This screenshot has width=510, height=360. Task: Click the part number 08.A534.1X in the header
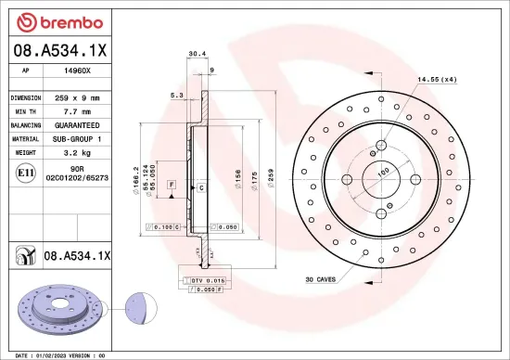(60, 51)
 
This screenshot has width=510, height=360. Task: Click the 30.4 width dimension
(197, 55)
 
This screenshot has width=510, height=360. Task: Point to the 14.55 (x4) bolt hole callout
(437, 79)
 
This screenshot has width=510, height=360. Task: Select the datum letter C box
(200, 187)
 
